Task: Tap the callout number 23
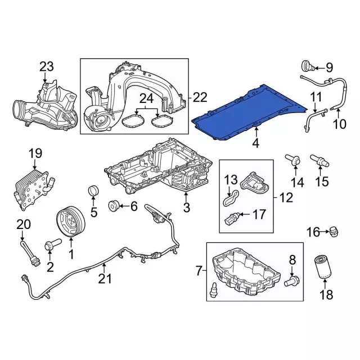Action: pyautogui.click(x=47, y=67)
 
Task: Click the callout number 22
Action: pyautogui.click(x=200, y=97)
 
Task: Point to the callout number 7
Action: pyautogui.click(x=199, y=272)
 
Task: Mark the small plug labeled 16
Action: pyautogui.click(x=332, y=231)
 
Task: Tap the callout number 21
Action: pyautogui.click(x=102, y=278)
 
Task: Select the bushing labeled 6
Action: pyautogui.click(x=115, y=207)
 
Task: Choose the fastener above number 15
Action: pyautogui.click(x=319, y=161)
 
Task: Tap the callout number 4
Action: pyautogui.click(x=256, y=143)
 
